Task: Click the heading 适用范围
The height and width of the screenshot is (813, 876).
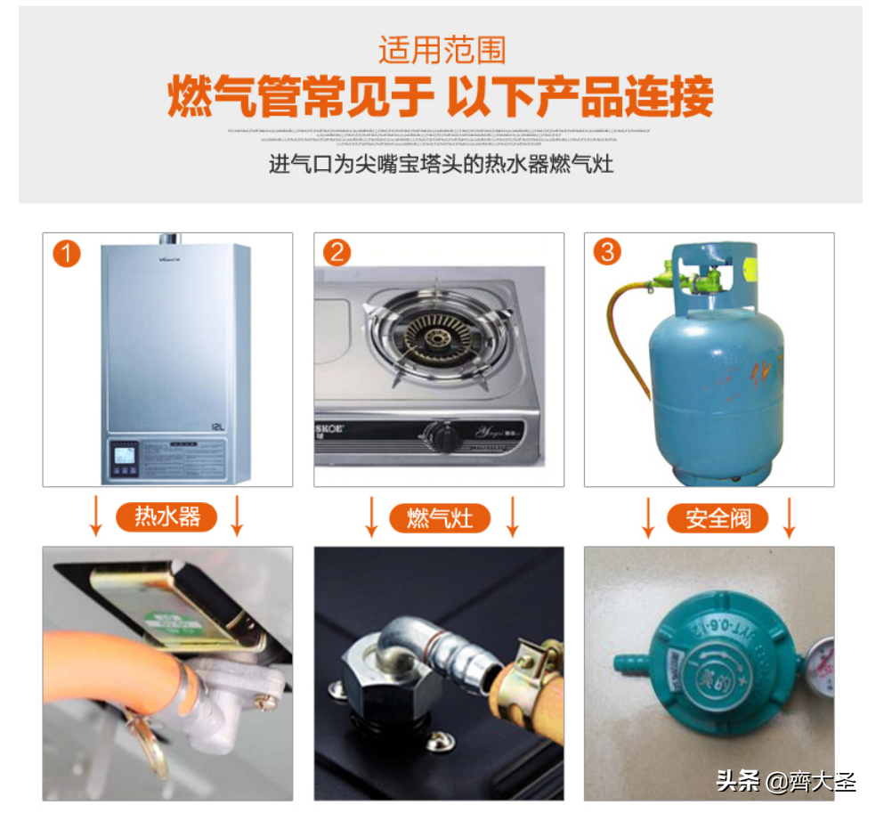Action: tap(442, 49)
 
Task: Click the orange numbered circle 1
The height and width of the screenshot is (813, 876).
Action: tap(66, 253)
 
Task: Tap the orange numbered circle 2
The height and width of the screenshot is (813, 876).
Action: tap(337, 253)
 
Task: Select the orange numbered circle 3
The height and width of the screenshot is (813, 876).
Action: tap(607, 253)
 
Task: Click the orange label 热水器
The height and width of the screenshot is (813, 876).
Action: tap(166, 516)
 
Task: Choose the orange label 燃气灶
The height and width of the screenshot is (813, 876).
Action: tap(440, 517)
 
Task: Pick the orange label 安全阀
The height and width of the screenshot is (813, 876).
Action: tap(718, 517)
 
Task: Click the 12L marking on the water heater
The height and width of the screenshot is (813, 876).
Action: tap(218, 427)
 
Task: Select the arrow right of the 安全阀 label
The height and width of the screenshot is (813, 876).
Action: tap(788, 517)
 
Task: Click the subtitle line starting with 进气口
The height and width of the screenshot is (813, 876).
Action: tap(441, 164)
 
